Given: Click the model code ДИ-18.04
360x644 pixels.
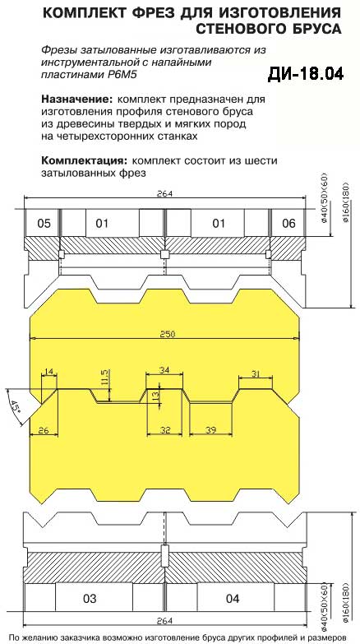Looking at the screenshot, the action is click(306, 74).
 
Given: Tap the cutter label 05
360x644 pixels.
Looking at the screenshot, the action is click(44, 224).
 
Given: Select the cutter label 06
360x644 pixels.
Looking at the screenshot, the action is click(289, 224).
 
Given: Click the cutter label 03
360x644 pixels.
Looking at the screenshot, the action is click(90, 599).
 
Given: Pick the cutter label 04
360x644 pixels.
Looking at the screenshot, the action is click(233, 599).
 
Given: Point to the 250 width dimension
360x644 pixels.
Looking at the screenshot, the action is click(168, 334).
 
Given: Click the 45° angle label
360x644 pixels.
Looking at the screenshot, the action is click(16, 406).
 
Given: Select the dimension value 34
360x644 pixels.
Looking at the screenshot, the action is click(164, 370).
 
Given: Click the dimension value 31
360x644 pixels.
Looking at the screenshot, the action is click(256, 373).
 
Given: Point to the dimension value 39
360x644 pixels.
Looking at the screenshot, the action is click(210, 430).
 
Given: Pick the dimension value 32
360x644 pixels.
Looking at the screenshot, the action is click(165, 430).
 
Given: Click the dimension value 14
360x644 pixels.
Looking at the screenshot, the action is click(48, 372).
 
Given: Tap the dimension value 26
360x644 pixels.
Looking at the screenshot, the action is click(43, 430).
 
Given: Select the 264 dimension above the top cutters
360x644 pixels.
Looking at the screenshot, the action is click(165, 194).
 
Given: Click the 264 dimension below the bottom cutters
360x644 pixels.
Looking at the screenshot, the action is click(165, 620).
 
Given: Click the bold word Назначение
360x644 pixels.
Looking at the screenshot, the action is click(76, 100).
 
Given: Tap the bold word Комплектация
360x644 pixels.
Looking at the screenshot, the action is click(85, 160).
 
